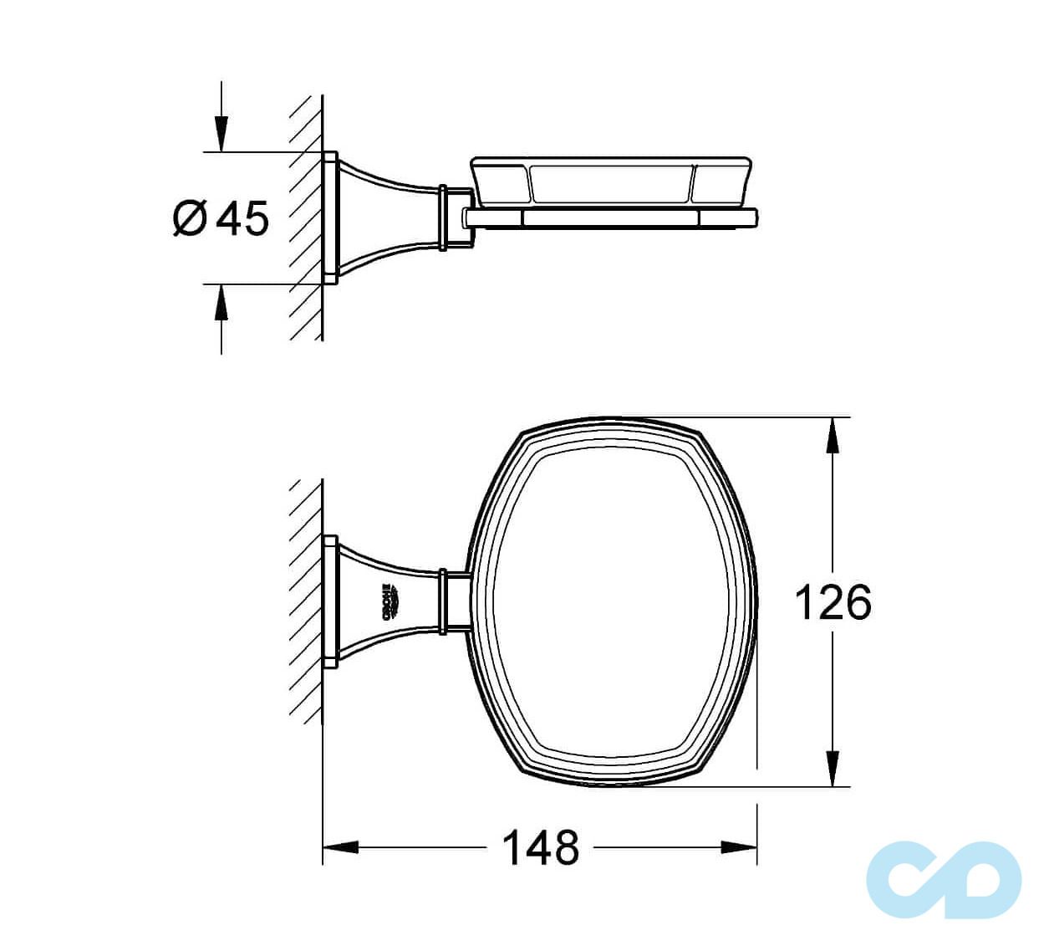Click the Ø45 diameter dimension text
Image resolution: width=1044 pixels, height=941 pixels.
[222, 219]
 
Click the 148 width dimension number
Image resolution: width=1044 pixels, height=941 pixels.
[540, 847]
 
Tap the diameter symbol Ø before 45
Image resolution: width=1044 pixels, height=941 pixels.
[189, 219]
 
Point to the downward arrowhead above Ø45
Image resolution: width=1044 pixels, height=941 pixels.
[221, 134]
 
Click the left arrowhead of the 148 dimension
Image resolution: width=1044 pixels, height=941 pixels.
[339, 847]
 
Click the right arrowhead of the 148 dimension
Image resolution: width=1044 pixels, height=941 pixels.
[741, 847]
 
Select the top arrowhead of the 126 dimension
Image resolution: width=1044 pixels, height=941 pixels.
[832, 435]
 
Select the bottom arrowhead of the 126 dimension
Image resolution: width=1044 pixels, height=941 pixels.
[832, 768]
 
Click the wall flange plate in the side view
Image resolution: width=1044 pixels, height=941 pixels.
[330, 218]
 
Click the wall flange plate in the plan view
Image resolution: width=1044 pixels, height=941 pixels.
[330, 601]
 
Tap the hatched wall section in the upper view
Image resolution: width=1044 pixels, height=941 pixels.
[306, 217]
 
